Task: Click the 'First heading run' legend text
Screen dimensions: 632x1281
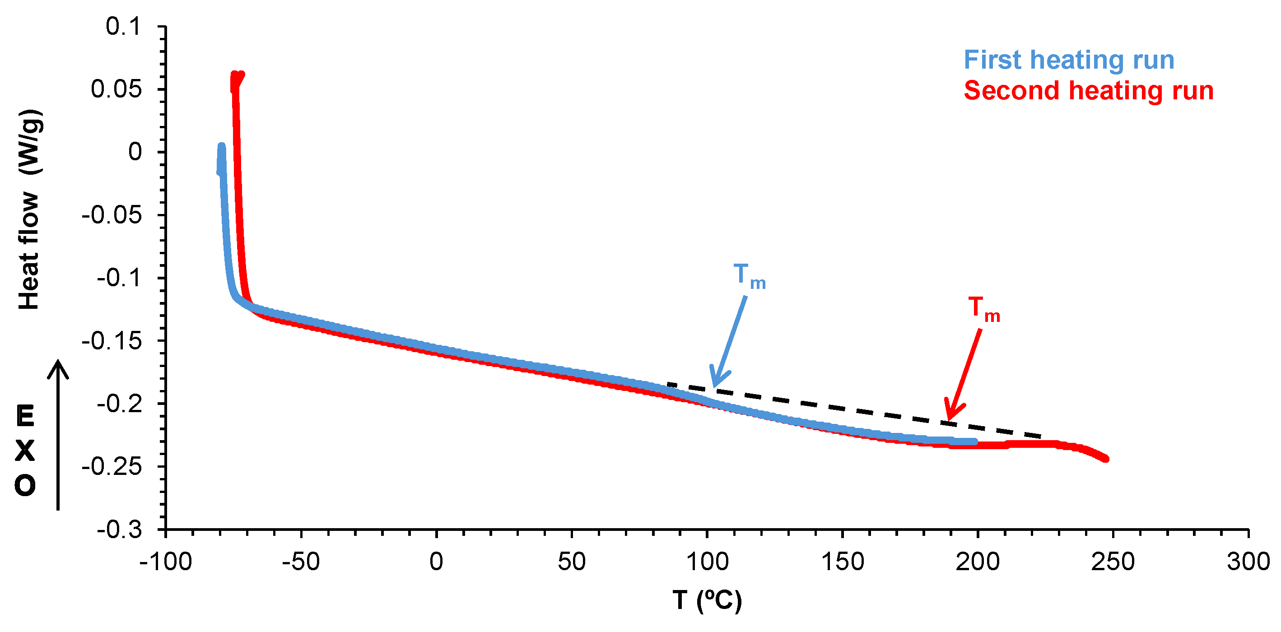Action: point(1069,60)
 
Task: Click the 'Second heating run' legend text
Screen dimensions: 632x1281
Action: point(1089,91)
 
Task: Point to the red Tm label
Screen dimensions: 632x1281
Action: point(983,309)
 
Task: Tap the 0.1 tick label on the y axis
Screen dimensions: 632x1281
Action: point(123,26)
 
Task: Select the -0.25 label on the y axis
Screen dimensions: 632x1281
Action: point(112,466)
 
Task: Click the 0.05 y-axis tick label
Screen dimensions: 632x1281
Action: point(116,89)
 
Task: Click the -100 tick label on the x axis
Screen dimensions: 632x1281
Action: point(166,562)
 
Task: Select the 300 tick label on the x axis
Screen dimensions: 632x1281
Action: point(1248,562)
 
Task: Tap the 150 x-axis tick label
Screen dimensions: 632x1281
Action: point(843,562)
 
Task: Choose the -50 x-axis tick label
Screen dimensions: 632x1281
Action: point(300,562)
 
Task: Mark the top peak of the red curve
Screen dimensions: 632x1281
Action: point(237,74)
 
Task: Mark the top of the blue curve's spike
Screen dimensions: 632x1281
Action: point(221,146)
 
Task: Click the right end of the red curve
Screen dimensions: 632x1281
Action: point(1105,459)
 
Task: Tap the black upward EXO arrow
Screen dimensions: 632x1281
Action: point(58,435)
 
